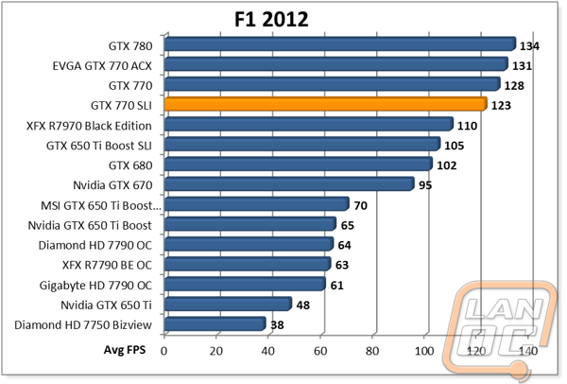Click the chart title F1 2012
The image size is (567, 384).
(276, 20)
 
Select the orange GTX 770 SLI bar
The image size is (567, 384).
(326, 104)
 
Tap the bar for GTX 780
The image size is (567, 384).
(338, 44)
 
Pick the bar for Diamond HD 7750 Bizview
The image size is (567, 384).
(215, 324)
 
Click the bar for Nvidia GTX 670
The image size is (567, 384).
(288, 184)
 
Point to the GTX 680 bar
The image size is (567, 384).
(297, 165)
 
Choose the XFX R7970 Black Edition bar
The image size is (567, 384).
(308, 124)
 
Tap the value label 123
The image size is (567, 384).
(502, 106)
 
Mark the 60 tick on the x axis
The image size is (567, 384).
(321, 351)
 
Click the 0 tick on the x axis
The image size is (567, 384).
(164, 351)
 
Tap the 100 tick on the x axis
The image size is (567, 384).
(426, 351)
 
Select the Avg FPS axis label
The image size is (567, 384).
(126, 350)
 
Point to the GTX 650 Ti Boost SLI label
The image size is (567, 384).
(102, 146)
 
